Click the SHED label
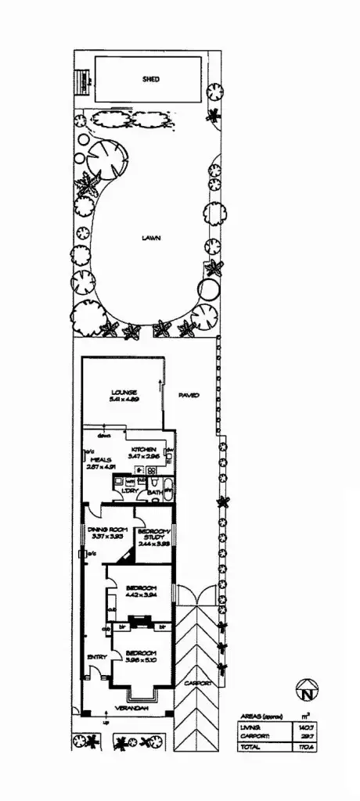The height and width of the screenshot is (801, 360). [151, 80]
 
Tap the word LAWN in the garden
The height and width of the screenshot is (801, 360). [151, 239]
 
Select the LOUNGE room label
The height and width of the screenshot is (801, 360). [124, 392]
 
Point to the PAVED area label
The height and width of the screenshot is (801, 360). [189, 396]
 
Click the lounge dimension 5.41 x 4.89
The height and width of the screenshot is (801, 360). [124, 400]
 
